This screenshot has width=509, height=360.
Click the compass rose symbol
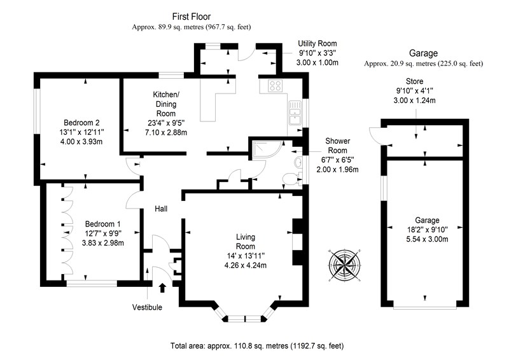pyautogui.click(x=344, y=264)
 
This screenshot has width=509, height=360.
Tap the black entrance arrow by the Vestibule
pyautogui.click(x=162, y=287)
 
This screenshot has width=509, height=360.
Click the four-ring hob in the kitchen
pyautogui.click(x=275, y=86)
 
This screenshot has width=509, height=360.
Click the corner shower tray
pyautogui.click(x=266, y=149)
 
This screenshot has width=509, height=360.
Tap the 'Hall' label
pyautogui.click(x=161, y=209)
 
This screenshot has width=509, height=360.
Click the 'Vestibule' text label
pyautogui.click(x=147, y=307)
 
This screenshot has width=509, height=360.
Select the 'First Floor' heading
pyautogui.click(x=192, y=17)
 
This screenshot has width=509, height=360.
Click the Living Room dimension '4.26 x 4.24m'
pyautogui.click(x=246, y=265)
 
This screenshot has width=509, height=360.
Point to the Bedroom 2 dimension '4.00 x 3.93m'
pyautogui.click(x=81, y=142)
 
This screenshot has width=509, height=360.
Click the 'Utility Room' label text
pyautogui.click(x=317, y=43)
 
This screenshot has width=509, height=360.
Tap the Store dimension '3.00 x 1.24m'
pyautogui.click(x=415, y=100)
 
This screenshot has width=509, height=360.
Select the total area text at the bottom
pyautogui.click(x=257, y=346)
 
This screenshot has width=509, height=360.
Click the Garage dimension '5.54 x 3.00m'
pyautogui.click(x=427, y=239)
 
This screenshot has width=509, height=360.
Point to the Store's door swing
pyautogui.click(x=375, y=135)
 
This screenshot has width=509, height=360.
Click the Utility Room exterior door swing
pyautogui.click(x=247, y=53)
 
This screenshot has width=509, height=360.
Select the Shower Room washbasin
pyautogui.click(x=298, y=162)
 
